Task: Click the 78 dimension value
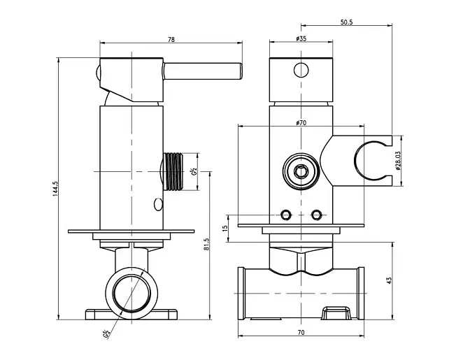[171, 39]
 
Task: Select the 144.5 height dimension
[55, 189]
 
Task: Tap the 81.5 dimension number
[207, 245]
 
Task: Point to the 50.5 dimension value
[346, 22]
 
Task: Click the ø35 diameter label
[301, 38]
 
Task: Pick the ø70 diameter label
[301, 123]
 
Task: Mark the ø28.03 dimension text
[398, 161]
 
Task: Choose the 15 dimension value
[225, 228]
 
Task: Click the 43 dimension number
[389, 280]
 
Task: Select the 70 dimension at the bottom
[301, 333]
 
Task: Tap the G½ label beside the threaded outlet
[194, 172]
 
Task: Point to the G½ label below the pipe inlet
[106, 334]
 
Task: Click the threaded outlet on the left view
[173, 172]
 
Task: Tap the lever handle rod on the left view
[203, 71]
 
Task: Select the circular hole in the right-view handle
[301, 70]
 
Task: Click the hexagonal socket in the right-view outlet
[301, 171]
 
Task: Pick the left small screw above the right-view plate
[285, 215]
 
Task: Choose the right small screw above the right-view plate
[316, 215]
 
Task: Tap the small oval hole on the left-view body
[158, 204]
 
